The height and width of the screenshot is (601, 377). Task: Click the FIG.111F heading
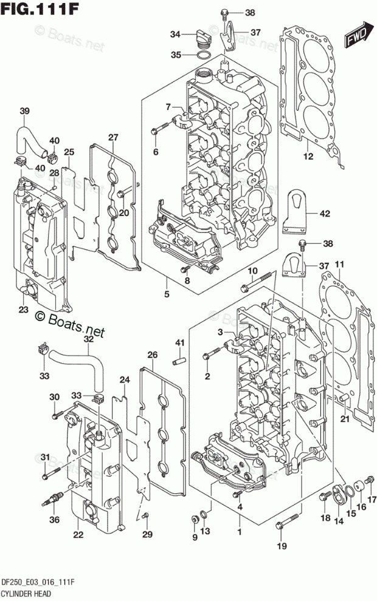click(x=40, y=9)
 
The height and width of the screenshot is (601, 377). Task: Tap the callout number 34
click(x=176, y=35)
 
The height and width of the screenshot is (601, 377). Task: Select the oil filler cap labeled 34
click(x=202, y=38)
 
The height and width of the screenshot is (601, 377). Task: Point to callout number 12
click(x=308, y=156)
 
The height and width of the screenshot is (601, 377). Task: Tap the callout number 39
click(x=24, y=111)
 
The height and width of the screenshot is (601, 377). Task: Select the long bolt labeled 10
click(x=256, y=281)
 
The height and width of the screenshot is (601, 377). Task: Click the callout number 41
click(x=180, y=342)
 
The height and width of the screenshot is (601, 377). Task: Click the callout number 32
click(x=89, y=339)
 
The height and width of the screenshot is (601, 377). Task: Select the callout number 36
click(x=54, y=519)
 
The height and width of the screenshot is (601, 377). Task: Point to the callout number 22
click(x=78, y=535)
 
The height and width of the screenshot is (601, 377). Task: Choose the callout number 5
click(x=167, y=294)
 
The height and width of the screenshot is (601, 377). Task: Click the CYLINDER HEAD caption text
click(x=26, y=594)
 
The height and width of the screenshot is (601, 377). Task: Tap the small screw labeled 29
click(x=145, y=516)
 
